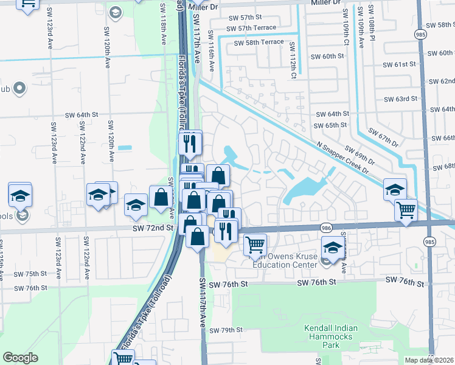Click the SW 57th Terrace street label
click(x=251, y=28)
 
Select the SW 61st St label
click(x=399, y=64)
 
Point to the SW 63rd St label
click(x=400, y=99)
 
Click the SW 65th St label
click(x=331, y=125)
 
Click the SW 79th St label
click(x=226, y=330)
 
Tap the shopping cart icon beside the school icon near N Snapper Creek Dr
click(x=406, y=210)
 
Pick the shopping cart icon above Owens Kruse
click(x=255, y=245)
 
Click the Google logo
click(x=21, y=358)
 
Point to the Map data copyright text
click(x=429, y=360)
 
